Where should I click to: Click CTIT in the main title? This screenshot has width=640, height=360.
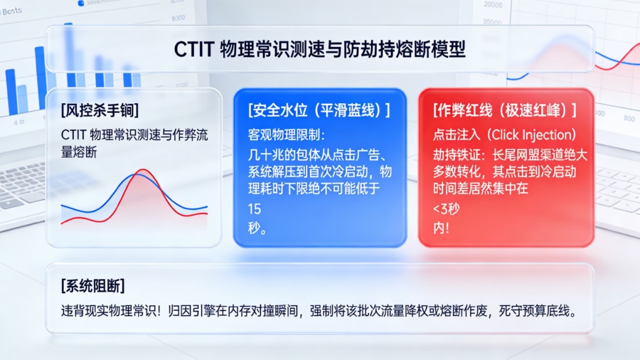tap(194, 49)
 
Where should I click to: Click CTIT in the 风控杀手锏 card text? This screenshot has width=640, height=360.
tap(75, 134)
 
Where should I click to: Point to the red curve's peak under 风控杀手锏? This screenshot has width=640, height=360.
tap(143, 171)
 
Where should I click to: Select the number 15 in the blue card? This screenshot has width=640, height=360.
tap(255, 209)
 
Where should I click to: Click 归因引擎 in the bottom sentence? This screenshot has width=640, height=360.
tap(228, 312)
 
